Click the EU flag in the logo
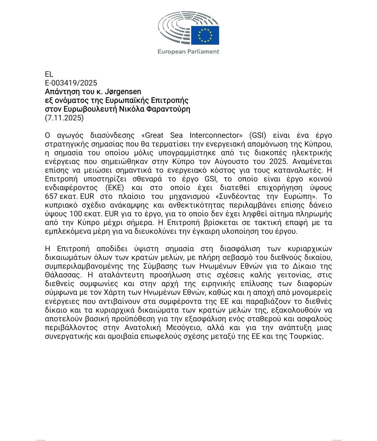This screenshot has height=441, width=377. tap(205, 35)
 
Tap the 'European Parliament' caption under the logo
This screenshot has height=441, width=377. tap(188, 52)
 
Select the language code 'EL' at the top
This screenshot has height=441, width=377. tap(49, 74)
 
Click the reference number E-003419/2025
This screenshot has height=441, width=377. tap(71, 83)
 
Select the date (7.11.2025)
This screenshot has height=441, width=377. tap(64, 118)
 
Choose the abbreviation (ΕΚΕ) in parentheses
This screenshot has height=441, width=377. tap(110, 188)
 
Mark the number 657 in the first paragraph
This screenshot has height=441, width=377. tap(51, 196)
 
